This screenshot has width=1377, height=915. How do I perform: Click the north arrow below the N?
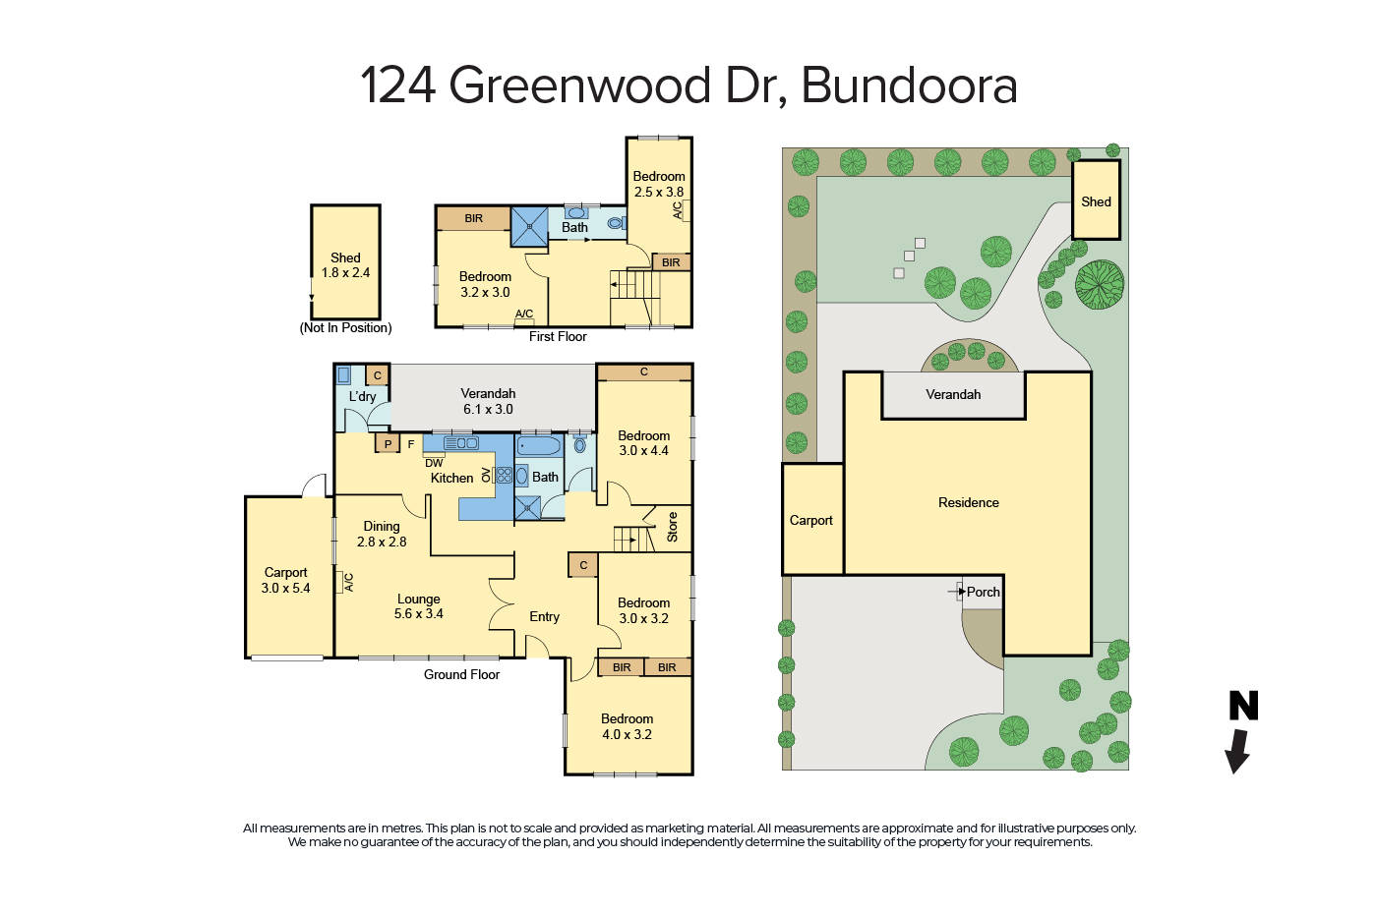(1236, 751)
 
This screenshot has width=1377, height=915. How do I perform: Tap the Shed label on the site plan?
(1096, 201)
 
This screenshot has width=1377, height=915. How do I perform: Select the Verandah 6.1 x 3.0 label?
(488, 401)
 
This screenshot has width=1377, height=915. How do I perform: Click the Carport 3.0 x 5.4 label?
(285, 580)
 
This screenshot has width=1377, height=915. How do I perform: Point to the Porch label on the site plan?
(983, 592)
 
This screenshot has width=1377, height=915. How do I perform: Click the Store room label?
(673, 527)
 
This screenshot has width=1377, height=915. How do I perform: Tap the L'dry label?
(362, 397)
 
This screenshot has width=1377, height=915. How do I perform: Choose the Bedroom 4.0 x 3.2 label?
(627, 726)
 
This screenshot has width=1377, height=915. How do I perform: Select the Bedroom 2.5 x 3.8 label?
(658, 184)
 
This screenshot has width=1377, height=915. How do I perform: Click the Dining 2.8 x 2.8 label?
(382, 534)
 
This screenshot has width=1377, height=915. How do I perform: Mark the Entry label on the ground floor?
(544, 617)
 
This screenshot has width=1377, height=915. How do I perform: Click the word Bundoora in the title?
(909, 86)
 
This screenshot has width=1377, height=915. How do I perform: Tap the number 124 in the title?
(398, 86)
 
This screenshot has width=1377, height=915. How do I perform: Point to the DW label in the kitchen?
(434, 463)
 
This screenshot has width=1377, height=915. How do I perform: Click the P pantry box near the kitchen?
(388, 444)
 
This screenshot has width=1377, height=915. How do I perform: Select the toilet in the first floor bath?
(616, 223)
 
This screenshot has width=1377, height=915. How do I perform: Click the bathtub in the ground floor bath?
(539, 447)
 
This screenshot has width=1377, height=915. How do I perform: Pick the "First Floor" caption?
(558, 336)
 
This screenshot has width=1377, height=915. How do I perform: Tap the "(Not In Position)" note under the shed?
(345, 328)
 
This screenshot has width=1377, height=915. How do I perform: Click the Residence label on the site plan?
(968, 502)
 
